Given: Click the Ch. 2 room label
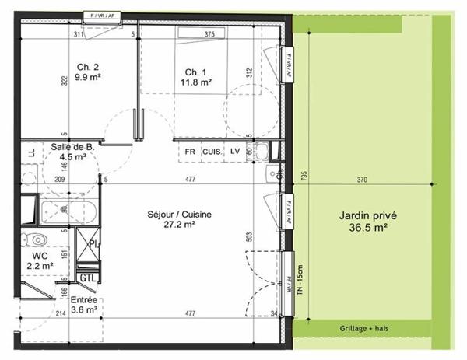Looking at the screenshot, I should [x=82, y=72].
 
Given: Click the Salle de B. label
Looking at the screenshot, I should [x=73, y=151].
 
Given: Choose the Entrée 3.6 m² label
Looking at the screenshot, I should [x=84, y=304].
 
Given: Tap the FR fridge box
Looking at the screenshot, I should [x=190, y=152].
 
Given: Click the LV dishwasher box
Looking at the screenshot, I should [x=234, y=152].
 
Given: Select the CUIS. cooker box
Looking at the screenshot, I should [x=212, y=152].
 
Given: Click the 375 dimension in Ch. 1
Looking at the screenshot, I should [x=209, y=35].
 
